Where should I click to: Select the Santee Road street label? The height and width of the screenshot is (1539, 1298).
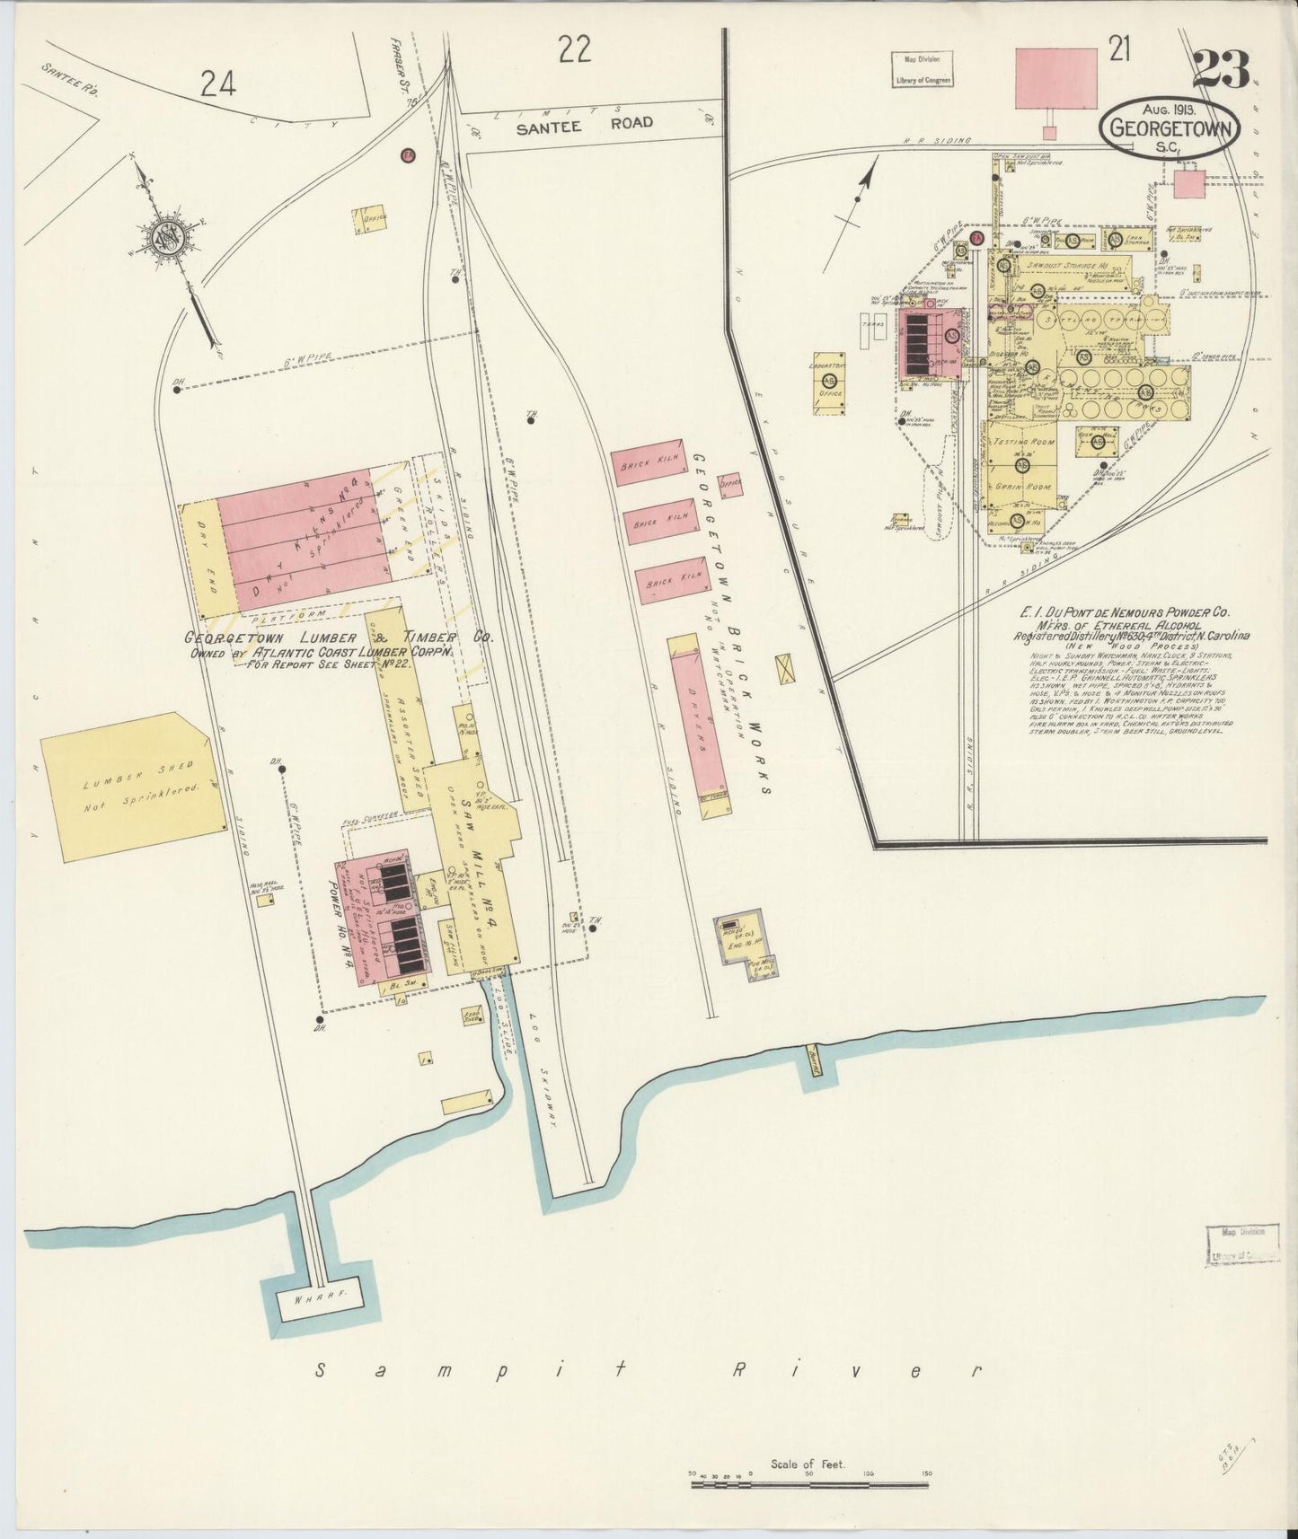coord(585,123)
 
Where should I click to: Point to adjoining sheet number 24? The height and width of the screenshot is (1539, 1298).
coord(218,84)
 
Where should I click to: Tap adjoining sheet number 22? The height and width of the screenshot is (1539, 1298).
coord(574,49)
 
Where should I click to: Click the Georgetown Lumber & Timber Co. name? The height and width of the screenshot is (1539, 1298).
coord(339,638)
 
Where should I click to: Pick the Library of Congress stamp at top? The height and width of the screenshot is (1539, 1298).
coord(922,68)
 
